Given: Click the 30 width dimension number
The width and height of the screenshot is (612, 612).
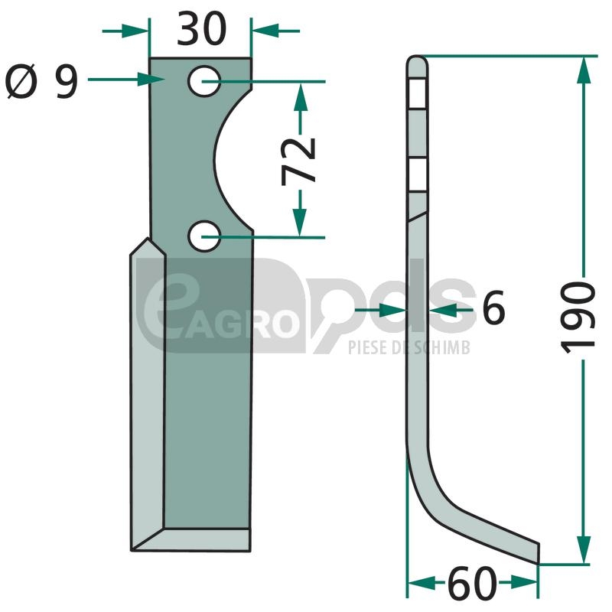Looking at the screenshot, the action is click(201, 29).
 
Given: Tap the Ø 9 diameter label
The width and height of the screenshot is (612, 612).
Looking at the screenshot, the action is click(42, 82).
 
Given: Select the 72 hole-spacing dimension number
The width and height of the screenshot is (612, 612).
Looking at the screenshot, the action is click(299, 161).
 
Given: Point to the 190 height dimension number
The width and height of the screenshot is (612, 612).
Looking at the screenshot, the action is click(578, 317).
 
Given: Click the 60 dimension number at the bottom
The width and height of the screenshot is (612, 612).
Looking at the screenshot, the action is click(472, 584).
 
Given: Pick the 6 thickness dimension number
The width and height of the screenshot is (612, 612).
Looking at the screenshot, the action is click(493, 308).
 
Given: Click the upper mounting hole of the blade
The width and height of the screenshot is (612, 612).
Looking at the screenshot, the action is click(204, 81).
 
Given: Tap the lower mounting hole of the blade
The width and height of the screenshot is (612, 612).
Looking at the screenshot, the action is click(204, 236).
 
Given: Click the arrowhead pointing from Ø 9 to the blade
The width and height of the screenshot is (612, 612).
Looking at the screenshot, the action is click(151, 80).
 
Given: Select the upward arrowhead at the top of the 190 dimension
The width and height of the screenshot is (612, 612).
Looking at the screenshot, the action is click(584, 70).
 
